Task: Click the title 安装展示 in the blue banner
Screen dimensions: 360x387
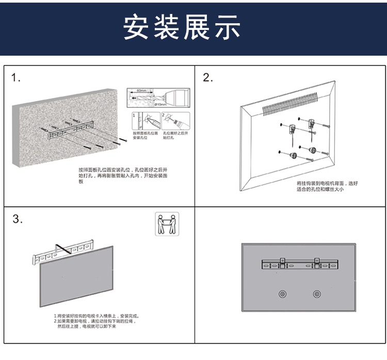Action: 182,27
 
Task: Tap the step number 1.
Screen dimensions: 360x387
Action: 17,78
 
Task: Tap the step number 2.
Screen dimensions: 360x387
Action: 207,78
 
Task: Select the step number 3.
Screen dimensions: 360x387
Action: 18,219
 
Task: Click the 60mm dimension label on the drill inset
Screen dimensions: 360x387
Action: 140,90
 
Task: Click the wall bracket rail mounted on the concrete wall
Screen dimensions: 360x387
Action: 70,130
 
